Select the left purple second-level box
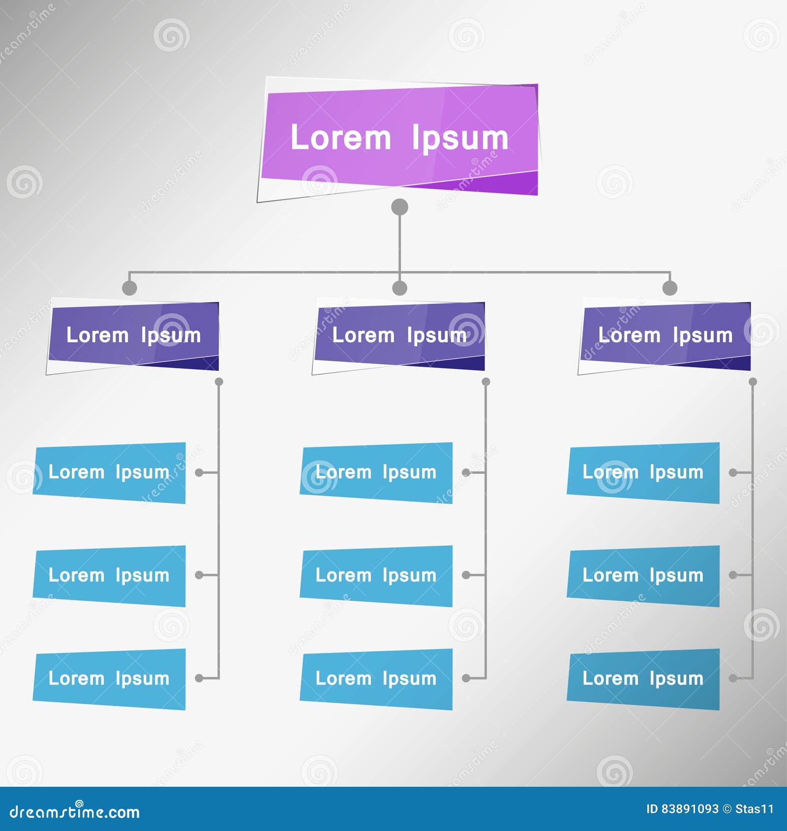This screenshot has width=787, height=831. point(133,336)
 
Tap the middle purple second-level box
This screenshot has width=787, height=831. point(399,336)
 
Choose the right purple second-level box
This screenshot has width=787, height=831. point(665,336)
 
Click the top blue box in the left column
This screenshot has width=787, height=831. point(109,473)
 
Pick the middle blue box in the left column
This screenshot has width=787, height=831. point(109,576)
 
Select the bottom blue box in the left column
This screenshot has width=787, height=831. point(109,679)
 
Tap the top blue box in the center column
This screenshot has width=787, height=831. point(376,473)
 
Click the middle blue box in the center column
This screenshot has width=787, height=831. point(376,576)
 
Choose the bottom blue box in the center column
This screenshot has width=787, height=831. point(376,679)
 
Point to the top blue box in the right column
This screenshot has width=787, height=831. point(643,473)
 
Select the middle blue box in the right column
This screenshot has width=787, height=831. point(643,576)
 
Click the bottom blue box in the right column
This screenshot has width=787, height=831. point(643,679)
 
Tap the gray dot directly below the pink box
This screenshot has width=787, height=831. point(399,207)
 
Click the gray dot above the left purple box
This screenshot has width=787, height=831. point(129,288)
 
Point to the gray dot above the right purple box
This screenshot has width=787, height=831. point(670,288)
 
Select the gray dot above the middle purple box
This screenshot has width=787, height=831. point(400,288)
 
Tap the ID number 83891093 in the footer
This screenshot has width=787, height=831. point(690,809)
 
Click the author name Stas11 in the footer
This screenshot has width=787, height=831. point(755,809)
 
